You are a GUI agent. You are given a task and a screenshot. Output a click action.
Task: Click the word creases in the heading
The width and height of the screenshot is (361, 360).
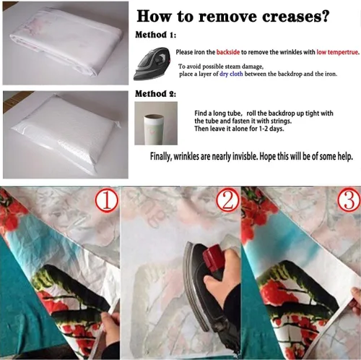tap(295, 17)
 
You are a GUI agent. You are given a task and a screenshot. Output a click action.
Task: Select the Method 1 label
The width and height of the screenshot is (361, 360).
tap(155, 35)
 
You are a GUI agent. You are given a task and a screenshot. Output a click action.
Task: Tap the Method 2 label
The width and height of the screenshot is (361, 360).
tap(155, 93)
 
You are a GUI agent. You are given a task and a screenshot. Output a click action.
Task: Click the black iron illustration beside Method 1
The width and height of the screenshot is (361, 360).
tap(152, 64)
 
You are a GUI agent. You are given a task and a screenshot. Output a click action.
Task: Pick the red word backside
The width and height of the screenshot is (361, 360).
tap(228, 52)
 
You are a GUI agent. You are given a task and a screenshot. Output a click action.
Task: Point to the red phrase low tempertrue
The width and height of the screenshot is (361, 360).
tap(338, 52)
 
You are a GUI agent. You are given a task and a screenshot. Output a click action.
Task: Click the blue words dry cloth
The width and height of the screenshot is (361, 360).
tap(231, 74)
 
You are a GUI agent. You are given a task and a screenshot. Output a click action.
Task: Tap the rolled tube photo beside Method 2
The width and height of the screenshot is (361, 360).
tap(156, 123)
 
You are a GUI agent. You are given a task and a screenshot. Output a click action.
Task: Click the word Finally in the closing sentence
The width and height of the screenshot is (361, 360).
tap(161, 157)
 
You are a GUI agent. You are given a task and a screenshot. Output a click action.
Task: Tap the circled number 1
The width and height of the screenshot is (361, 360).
tap(107, 201)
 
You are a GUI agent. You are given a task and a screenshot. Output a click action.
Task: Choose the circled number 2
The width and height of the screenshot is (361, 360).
tap(227, 201)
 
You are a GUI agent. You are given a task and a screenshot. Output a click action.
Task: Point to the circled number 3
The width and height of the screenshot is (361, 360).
tap(349, 201)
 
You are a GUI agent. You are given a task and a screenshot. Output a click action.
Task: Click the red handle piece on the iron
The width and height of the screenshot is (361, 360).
tap(212, 256)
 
